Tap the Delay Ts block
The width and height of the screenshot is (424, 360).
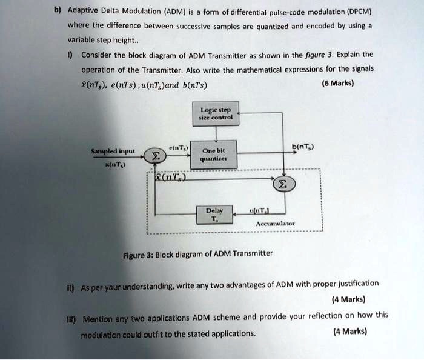click(215, 215)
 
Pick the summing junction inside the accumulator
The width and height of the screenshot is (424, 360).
click(283, 184)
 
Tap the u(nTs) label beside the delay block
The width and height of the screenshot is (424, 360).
click(259, 210)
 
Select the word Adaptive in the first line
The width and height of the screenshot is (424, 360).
click(84, 10)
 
